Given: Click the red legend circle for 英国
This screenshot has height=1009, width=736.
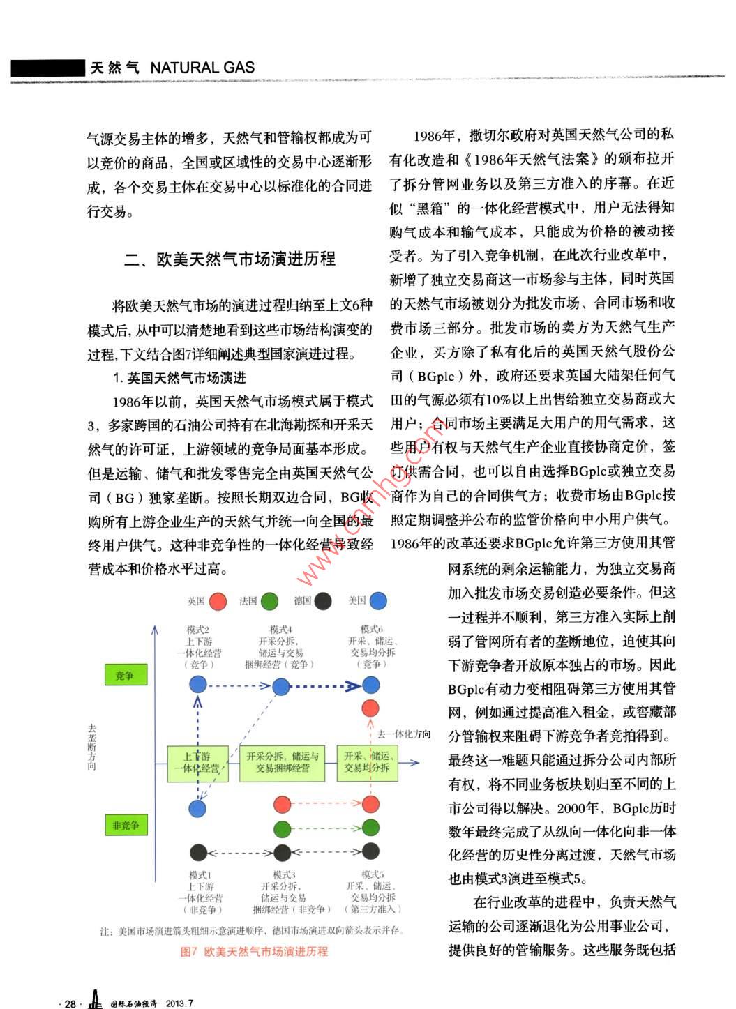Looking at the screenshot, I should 218,601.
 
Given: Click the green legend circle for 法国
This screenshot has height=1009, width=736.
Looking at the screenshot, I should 269,601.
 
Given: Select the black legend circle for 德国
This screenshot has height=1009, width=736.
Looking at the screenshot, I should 323,601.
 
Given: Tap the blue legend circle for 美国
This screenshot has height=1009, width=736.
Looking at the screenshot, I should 377,601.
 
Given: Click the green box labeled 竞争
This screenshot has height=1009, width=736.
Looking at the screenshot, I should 124,675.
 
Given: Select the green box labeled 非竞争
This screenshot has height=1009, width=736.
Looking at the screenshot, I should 126,826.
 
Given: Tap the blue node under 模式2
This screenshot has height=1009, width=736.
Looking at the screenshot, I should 198,685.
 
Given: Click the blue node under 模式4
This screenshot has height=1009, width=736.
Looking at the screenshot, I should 281,687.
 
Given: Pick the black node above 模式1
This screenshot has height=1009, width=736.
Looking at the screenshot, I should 198,852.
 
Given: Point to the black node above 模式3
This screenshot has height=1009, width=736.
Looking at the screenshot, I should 282,852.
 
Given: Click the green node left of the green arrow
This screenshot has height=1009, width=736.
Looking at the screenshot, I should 282,829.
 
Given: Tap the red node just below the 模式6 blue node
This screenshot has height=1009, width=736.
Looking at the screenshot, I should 370,708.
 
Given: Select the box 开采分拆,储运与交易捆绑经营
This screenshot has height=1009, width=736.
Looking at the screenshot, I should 283,762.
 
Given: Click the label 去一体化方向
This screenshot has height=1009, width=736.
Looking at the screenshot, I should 404,734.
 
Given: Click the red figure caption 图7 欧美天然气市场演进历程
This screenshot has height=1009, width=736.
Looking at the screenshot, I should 254,952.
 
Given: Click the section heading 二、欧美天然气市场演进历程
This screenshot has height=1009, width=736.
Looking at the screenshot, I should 230,259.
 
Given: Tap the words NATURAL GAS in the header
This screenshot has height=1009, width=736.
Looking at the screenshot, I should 202,68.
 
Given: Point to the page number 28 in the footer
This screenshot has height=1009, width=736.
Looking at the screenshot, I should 70,1003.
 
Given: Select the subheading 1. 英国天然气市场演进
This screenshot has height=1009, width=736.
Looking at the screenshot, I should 179,378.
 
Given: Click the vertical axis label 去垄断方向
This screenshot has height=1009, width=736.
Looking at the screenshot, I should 92,746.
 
